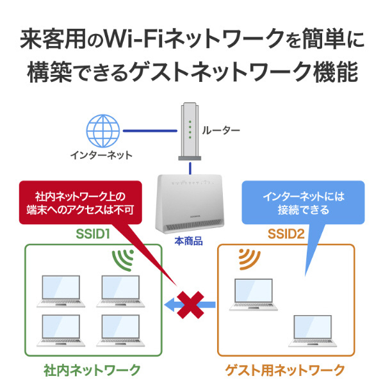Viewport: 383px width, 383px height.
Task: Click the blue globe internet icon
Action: [103, 131]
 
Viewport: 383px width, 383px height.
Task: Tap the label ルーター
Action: [221, 131]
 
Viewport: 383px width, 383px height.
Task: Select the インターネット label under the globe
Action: [101, 155]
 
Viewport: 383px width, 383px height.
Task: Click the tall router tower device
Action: [190, 131]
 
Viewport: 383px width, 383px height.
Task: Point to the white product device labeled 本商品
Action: [190, 204]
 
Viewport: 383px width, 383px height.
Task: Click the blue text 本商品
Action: [188, 241]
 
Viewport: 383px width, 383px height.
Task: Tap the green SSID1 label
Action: [93, 234]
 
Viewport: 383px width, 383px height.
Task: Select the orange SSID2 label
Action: [286, 234]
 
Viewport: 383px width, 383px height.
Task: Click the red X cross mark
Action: [190, 305]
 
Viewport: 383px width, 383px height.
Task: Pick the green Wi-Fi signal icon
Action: [122, 261]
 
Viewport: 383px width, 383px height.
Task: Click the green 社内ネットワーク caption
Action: [92, 370]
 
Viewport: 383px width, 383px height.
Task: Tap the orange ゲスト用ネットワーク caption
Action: [285, 370]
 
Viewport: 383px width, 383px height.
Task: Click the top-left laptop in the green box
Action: [61, 291]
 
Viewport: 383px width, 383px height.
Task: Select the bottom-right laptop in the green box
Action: [120, 330]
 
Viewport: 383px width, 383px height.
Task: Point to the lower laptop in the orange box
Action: [313, 331]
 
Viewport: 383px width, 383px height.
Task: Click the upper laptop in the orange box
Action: [254, 295]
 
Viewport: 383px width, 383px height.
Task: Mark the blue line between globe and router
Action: [150, 131]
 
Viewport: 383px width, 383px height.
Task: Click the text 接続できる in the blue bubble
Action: [304, 210]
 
